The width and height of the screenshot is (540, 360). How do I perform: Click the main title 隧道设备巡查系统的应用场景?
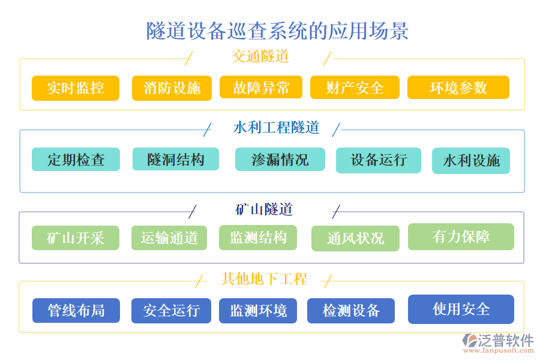tap(277, 31)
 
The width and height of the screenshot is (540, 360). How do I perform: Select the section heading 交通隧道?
tap(260, 56)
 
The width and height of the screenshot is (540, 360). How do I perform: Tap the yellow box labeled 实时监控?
tap(76, 88)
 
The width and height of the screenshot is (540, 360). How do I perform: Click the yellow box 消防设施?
tap(172, 88)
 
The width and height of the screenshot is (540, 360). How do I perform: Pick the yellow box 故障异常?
tap(261, 88)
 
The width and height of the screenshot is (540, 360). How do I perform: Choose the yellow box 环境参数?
tap(458, 88)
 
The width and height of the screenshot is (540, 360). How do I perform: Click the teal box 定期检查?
tap(76, 160)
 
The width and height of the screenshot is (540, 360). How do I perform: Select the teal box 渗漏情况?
tap(280, 160)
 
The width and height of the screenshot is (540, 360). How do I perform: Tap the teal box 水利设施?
tap(471, 161)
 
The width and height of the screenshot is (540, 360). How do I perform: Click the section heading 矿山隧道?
tap(264, 209)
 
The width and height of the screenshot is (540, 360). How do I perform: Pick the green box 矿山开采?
tap(76, 238)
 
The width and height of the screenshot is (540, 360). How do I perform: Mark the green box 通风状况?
tap(355, 238)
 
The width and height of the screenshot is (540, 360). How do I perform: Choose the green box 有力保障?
tap(461, 236)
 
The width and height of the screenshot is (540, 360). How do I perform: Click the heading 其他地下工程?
tap(265, 279)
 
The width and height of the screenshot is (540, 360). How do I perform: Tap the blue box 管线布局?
tap(76, 310)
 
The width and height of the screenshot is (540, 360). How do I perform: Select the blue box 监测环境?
tap(258, 310)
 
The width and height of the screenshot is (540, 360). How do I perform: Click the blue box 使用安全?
tap(461, 309)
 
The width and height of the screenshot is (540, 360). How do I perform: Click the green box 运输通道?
tap(169, 238)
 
